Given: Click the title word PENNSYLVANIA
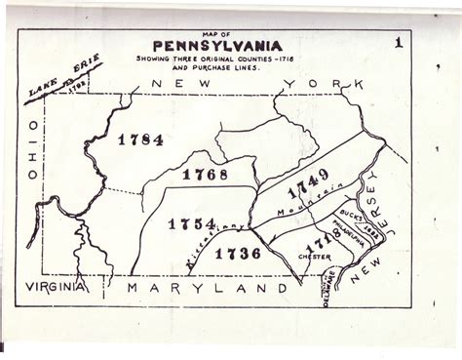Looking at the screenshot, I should click(x=216, y=46).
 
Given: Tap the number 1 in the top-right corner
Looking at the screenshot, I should click(x=398, y=43).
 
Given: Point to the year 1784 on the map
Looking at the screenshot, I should click(x=140, y=140).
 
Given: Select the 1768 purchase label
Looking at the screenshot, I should click(x=205, y=176).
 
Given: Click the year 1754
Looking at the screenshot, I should click(x=191, y=224).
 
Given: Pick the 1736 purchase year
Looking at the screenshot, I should click(x=237, y=254).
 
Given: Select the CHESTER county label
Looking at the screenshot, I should click(x=315, y=258).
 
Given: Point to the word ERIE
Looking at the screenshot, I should click(x=87, y=78).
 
